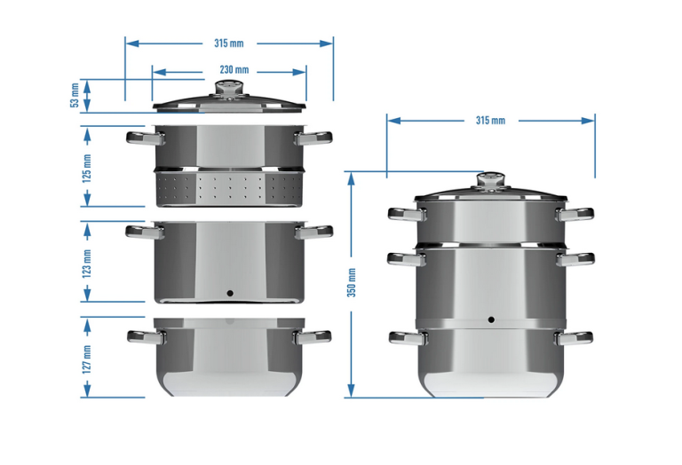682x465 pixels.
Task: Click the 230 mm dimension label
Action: click(234, 69)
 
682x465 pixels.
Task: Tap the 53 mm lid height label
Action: click(75, 96)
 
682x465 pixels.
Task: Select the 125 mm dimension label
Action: click(87, 169)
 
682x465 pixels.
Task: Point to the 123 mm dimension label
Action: click(87, 264)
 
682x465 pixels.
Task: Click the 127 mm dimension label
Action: click(87, 359)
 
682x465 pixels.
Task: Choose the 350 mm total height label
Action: click(352, 282)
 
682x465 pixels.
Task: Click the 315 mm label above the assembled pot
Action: click(490, 121)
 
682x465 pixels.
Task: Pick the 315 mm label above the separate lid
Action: click(229, 43)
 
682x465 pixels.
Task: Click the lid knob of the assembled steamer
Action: click(490, 181)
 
